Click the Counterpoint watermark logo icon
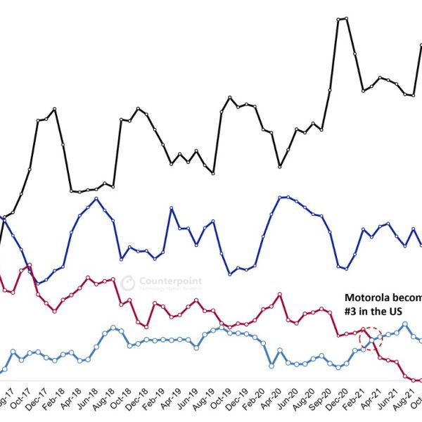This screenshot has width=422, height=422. click(x=128, y=283)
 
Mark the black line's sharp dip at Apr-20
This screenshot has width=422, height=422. click(x=280, y=167)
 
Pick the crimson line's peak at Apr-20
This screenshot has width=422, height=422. click(x=281, y=294)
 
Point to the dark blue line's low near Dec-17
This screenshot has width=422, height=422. click(x=39, y=283)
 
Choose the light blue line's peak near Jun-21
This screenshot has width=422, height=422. click(x=405, y=324)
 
